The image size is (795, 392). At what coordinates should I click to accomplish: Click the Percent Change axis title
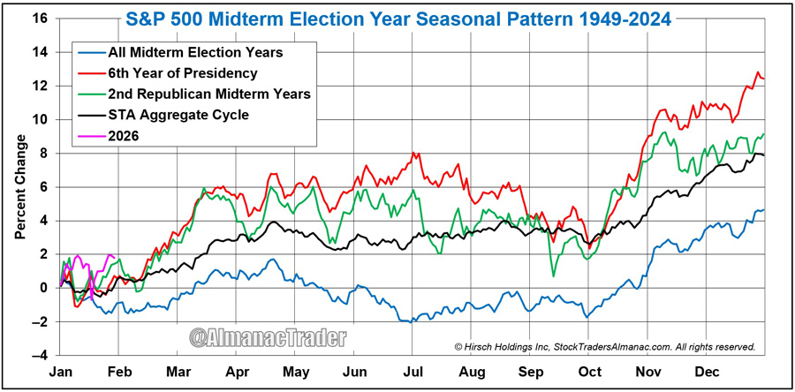(x=19, y=187)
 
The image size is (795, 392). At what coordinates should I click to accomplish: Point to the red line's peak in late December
(x=758, y=72)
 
